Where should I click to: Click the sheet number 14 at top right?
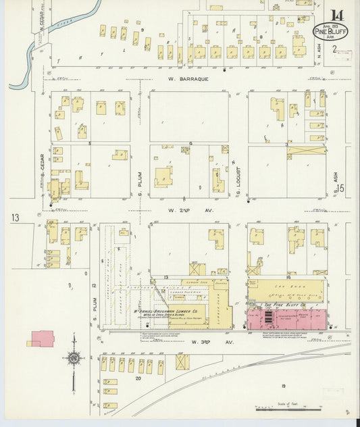337,14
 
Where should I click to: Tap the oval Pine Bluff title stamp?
327,30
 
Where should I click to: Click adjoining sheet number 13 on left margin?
15,218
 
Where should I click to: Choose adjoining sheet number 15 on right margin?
342,190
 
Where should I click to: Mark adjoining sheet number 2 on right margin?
334,50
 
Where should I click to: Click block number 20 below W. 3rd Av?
138,378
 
